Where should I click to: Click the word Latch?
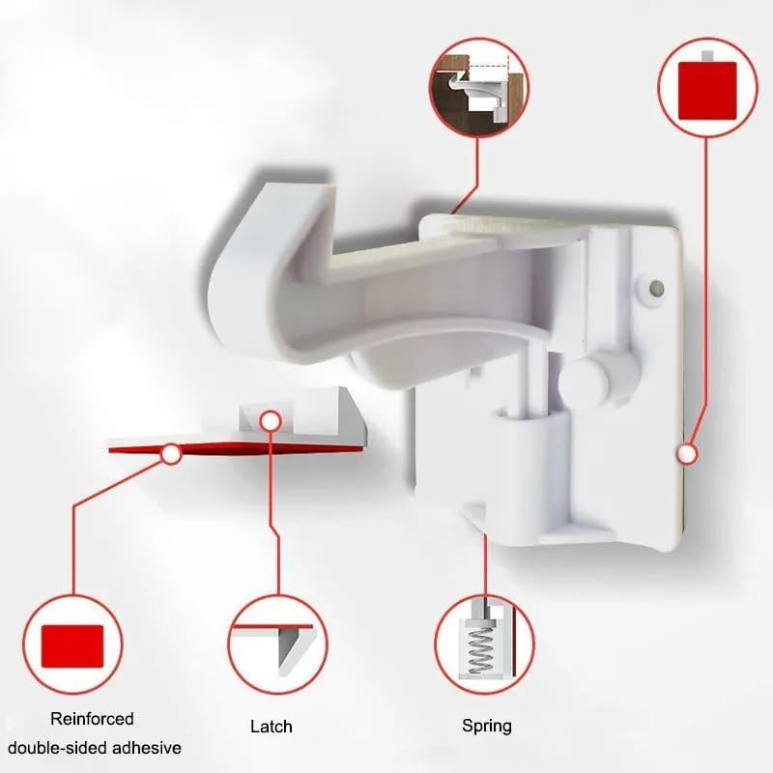click(x=272, y=727)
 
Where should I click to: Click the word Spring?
click(x=487, y=727)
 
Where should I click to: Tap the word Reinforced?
click(x=92, y=718)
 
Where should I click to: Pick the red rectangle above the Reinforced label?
click(x=72, y=646)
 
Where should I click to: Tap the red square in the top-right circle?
click(x=707, y=90)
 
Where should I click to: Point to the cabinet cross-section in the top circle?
click(x=478, y=89)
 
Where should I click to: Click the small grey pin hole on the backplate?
click(x=657, y=287)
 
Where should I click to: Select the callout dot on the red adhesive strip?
click(x=171, y=454)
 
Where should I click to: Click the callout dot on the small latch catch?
click(x=271, y=421)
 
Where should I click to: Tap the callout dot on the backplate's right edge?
click(x=687, y=453)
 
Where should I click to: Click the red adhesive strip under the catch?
click(x=237, y=448)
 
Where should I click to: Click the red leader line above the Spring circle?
click(x=485, y=564)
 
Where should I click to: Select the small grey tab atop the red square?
click(x=708, y=55)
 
